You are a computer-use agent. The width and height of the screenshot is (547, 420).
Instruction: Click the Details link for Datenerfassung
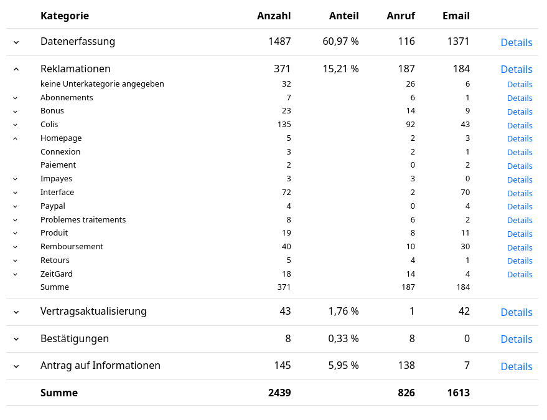[x=516, y=42]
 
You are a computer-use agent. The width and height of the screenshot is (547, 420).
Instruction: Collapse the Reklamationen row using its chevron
[x=16, y=69]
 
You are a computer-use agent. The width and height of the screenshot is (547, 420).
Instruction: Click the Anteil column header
[x=344, y=16]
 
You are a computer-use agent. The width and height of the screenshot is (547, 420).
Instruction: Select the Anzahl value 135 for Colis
[x=284, y=125]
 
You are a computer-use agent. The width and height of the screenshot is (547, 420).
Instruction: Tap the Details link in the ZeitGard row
[x=519, y=275]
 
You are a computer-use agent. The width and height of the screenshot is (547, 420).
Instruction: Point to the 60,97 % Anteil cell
[x=340, y=42]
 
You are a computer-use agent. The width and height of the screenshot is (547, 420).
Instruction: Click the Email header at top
[x=456, y=16]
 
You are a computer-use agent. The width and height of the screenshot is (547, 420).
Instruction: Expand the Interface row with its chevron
[x=16, y=193]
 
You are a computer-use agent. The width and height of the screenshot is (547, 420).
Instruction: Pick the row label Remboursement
[x=72, y=247]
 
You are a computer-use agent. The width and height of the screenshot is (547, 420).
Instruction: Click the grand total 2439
[x=279, y=393]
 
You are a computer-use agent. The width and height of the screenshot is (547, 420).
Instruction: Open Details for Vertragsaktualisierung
[x=516, y=312]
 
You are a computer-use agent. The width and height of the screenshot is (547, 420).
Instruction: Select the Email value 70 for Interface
[x=465, y=193]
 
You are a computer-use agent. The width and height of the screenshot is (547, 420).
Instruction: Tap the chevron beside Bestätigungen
[x=16, y=339]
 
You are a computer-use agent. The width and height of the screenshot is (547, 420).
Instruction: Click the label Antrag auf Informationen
[x=100, y=366]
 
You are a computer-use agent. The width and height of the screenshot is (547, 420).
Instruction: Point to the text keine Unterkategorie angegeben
[x=102, y=84]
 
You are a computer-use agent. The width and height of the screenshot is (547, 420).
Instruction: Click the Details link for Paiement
[x=519, y=166]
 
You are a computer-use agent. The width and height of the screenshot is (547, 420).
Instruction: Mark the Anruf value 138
[x=406, y=366]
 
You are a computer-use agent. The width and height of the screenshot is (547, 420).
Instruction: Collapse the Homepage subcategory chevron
[x=16, y=138]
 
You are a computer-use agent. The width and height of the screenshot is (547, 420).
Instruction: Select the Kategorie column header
[x=65, y=16]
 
